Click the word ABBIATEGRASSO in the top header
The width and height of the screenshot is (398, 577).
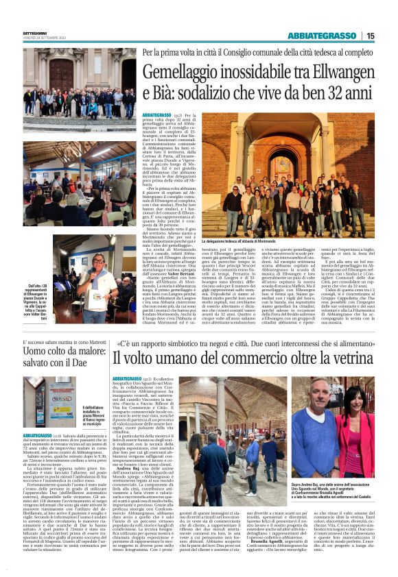click(326, 36)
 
